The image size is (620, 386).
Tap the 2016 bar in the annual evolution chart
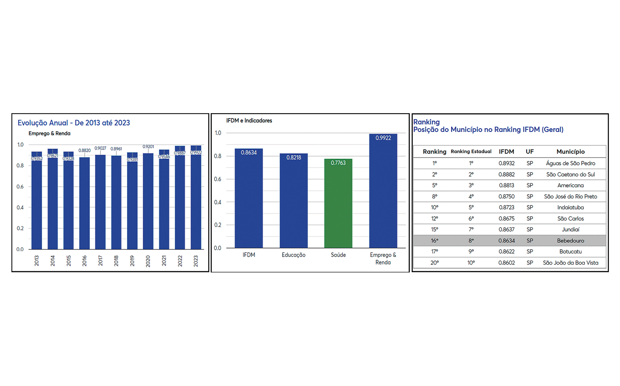coord(84,203)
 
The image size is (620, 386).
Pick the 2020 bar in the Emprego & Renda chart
coord(148,201)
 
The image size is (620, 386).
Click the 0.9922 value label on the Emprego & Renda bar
coord(383,138)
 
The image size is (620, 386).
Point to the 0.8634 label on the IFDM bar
coord(249,153)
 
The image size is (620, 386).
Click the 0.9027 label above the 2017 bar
coord(100,148)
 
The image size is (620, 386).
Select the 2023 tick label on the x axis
coord(196,261)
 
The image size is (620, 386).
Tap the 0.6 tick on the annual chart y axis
coord(20,186)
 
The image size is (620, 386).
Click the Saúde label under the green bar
coord(338,255)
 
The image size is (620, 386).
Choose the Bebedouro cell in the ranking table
coord(570,241)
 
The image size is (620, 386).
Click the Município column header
coord(570,151)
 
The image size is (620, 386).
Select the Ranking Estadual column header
coord(471,151)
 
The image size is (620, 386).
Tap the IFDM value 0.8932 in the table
coord(507,163)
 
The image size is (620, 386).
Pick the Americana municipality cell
coord(570,185)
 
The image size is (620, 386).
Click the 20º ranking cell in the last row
coord(434,263)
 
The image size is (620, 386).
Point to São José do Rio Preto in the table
coord(570,196)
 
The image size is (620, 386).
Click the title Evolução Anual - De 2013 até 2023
coord(74,123)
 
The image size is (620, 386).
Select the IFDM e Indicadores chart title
coord(249,121)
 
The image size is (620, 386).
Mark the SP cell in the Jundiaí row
coord(530,229)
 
